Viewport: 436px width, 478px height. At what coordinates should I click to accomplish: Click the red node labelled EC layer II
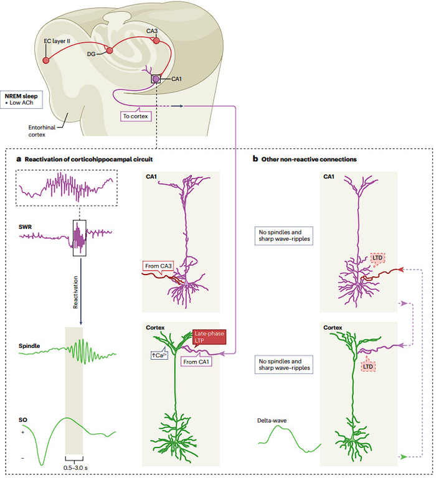pos(45,60)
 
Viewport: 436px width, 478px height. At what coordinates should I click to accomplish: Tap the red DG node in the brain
pos(110,50)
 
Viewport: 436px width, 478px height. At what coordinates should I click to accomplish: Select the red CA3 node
pos(156,40)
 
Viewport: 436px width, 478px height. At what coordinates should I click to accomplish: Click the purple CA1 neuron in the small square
pos(156,78)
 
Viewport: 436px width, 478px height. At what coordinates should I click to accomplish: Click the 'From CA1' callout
pos(195,359)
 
